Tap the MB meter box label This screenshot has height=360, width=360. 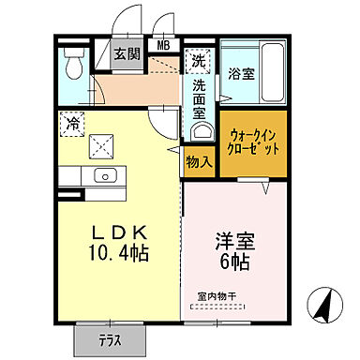coord(163,44)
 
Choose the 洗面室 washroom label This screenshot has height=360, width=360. coord(200,97)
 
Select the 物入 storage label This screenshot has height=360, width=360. coord(199,161)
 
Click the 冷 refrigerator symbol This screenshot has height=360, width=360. coord(73,122)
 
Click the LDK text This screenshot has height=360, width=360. coord(116,232)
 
